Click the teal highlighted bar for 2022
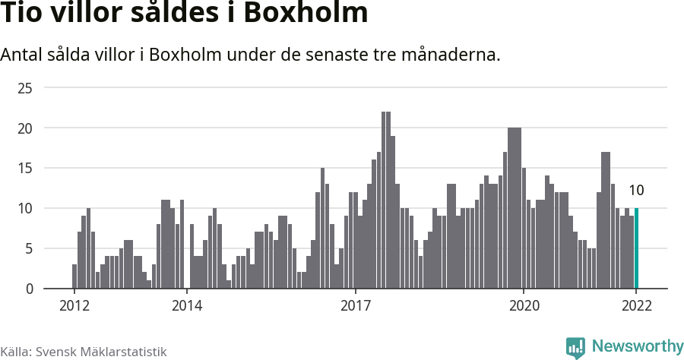coord(636,248)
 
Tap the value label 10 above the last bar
coord(636,190)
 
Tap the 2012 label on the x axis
coord(74,305)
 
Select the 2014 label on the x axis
coord(186,305)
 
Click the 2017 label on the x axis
coord(355,305)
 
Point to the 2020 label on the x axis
coord(524,305)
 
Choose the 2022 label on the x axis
coord(636,305)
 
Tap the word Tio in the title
coord(24,14)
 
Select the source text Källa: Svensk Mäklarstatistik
coord(84,352)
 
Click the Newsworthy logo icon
coord(575,348)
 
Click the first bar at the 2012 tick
coord(74,276)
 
